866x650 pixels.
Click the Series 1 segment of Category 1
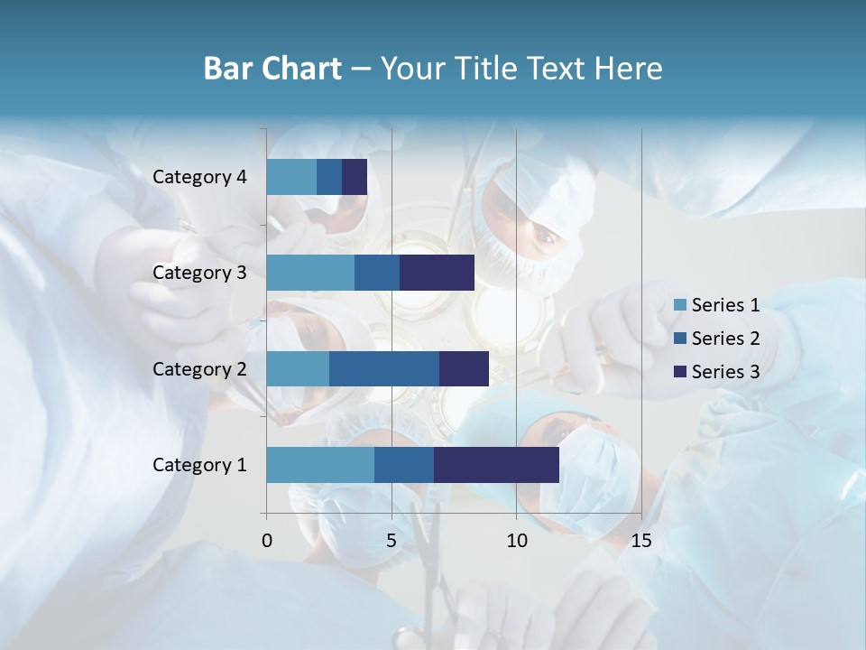click(320, 465)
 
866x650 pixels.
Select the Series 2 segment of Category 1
click(404, 465)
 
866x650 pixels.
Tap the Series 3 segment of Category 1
click(496, 465)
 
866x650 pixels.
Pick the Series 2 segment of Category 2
click(384, 368)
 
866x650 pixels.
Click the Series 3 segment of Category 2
click(464, 368)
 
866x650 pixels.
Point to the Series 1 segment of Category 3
click(310, 273)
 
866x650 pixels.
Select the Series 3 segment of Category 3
click(437, 273)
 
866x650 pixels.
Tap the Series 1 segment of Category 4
click(291, 177)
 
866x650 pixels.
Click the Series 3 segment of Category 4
click(355, 177)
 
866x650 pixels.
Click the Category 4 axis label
click(199, 177)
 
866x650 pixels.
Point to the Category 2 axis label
click(199, 368)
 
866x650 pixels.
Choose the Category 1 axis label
click(199, 465)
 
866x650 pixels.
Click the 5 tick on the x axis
click(392, 541)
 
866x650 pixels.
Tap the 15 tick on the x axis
click(640, 541)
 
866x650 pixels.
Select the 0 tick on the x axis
click(267, 541)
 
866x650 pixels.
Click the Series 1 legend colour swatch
click(680, 305)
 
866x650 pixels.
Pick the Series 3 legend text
click(725, 371)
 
